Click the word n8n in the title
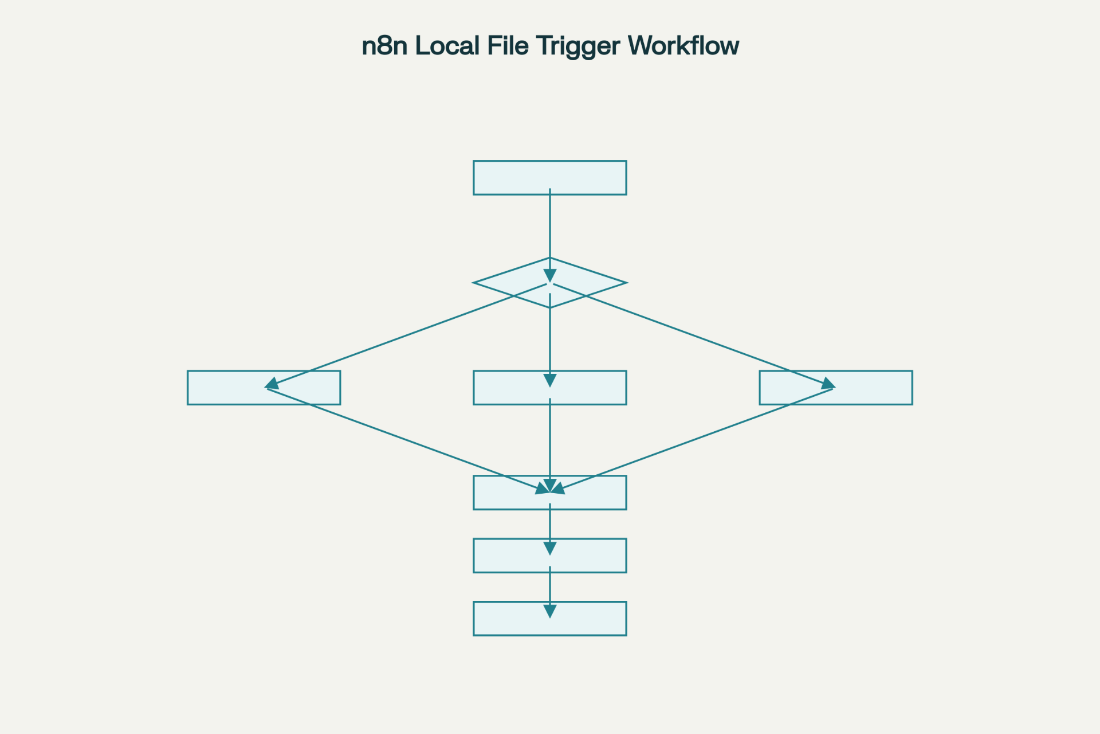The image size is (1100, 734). click(x=384, y=46)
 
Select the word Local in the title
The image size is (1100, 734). click(x=447, y=46)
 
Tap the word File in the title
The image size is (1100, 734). click(x=508, y=46)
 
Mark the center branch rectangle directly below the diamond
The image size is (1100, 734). click(x=504, y=388)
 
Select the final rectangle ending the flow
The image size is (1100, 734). click(x=504, y=619)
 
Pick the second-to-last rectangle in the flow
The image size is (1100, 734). click(x=504, y=556)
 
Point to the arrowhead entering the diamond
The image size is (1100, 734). click(x=550, y=276)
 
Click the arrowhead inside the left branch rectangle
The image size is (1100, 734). click(x=272, y=384)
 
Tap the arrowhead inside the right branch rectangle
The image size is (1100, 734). click(x=828, y=384)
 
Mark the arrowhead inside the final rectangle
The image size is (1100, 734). click(x=550, y=611)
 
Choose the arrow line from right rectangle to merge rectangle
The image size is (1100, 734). click(x=687, y=441)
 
